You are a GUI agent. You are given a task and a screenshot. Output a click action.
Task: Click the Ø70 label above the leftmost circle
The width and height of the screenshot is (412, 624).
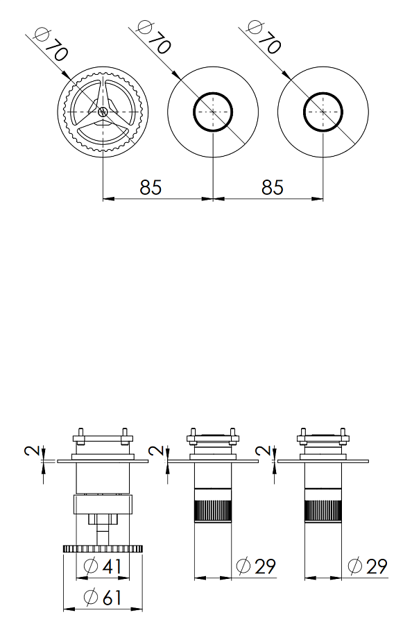[x=51, y=44]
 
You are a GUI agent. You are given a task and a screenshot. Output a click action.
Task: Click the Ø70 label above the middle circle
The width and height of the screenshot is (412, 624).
[x=154, y=36]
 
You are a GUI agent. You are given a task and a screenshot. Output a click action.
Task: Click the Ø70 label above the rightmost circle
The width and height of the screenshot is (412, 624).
[x=264, y=36]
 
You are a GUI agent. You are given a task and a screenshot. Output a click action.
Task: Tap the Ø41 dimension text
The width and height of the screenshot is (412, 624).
[x=103, y=566]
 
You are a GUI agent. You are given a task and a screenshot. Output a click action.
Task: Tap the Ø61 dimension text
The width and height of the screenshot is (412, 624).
[x=102, y=598]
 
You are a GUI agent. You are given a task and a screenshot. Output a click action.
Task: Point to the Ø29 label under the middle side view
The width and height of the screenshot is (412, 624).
[x=255, y=566]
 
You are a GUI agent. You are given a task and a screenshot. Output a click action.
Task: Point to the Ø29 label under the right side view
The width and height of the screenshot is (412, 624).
[x=367, y=566]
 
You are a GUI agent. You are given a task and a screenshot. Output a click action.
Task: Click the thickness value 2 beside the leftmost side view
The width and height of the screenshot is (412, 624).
[x=33, y=451]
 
